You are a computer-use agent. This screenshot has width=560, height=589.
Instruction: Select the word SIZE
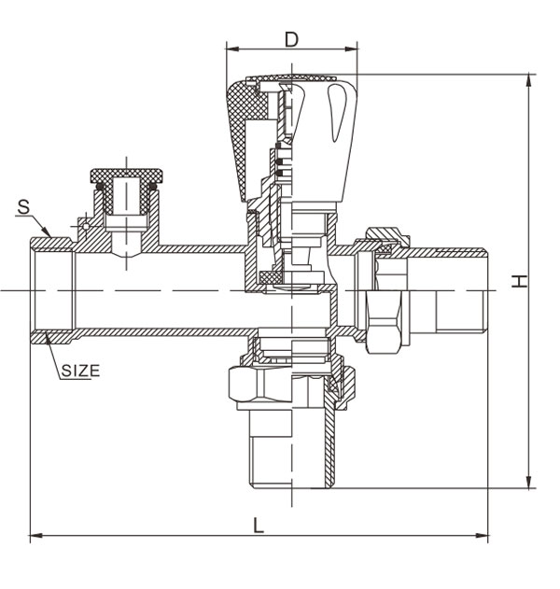click(x=80, y=370)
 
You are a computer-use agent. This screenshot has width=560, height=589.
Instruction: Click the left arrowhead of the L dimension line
click(x=35, y=536)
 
